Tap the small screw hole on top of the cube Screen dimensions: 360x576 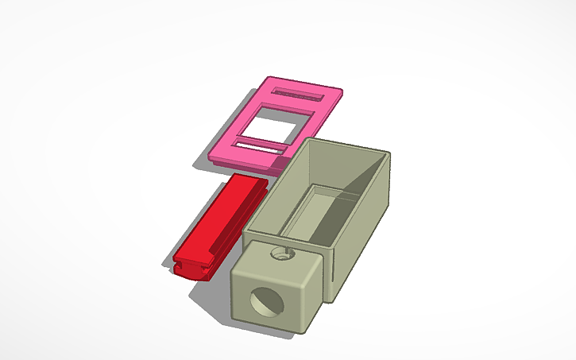tap(279, 255)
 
